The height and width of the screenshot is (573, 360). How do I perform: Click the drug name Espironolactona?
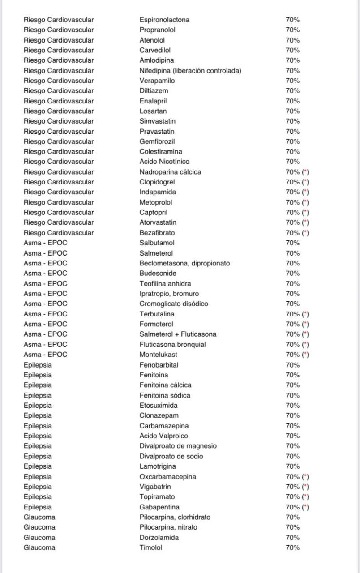coord(164,20)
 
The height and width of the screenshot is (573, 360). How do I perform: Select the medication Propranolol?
coord(157,30)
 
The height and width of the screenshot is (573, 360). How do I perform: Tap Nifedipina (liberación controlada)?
coord(190,71)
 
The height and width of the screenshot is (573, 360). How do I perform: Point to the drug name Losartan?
coord(153,111)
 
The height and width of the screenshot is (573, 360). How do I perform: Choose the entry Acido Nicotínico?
coord(164,162)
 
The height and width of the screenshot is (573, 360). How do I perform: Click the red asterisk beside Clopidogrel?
coord(306,182)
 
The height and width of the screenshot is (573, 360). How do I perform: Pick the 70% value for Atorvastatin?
coord(293,222)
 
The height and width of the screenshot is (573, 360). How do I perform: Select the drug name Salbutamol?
coord(157,243)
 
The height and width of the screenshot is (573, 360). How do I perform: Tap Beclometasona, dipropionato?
coord(184,263)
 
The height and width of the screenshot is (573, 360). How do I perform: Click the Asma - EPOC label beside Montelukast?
coord(45,355)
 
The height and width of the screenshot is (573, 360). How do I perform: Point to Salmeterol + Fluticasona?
coord(178,334)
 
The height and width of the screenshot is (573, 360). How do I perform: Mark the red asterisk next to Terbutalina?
coord(306,314)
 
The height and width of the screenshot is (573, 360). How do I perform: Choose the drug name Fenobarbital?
coord(159,365)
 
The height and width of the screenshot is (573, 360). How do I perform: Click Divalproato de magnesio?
coord(178,446)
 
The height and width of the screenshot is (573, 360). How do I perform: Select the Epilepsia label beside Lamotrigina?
coord(38,466)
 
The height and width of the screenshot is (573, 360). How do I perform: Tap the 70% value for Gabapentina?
coord(293,507)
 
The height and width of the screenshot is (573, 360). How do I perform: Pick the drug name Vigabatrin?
coord(155,487)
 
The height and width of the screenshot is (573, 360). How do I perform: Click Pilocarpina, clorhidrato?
coord(175,517)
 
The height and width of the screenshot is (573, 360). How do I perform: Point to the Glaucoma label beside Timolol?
coord(39,547)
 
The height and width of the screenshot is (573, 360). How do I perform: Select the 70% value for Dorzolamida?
coord(293,538)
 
